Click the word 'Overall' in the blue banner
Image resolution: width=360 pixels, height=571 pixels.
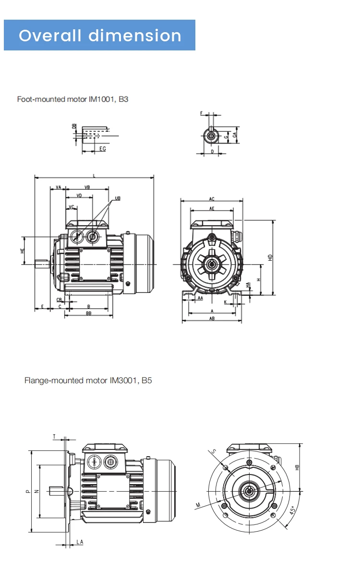click(x=50, y=36)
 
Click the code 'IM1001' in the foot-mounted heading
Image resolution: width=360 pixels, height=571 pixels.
click(x=102, y=99)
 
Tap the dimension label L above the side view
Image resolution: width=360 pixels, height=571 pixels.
click(x=94, y=176)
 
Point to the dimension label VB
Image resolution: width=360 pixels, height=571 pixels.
click(x=87, y=187)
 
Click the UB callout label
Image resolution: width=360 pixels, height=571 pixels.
click(x=118, y=198)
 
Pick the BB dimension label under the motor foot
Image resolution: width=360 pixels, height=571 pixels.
click(x=89, y=314)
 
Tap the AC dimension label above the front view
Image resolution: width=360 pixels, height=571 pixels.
click(x=212, y=198)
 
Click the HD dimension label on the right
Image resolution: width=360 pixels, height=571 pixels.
click(x=271, y=257)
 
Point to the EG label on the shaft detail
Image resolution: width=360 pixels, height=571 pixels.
click(x=102, y=149)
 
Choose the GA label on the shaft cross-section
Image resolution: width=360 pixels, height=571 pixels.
click(x=235, y=135)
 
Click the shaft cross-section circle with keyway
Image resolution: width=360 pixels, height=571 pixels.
click(x=212, y=136)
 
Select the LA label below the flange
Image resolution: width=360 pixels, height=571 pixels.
click(x=80, y=542)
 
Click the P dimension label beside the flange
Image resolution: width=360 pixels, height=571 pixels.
click(x=27, y=491)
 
